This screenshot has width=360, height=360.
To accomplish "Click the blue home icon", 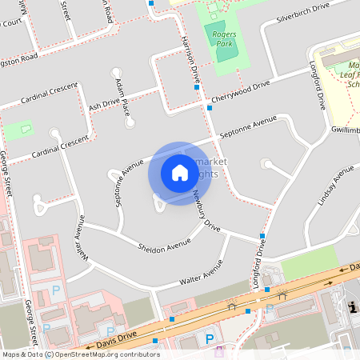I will tap(179, 173).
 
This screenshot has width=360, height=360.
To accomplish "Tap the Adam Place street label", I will tap(122, 95).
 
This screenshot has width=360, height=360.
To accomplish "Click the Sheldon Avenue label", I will tap(163, 245).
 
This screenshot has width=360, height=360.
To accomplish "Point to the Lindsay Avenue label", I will tap(335, 186).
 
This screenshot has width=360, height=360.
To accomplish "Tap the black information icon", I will tap(353, 306).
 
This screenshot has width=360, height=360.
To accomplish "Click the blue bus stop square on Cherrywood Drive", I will tap(210, 107).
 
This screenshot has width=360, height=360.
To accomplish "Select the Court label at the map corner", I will tap(10, 23).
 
